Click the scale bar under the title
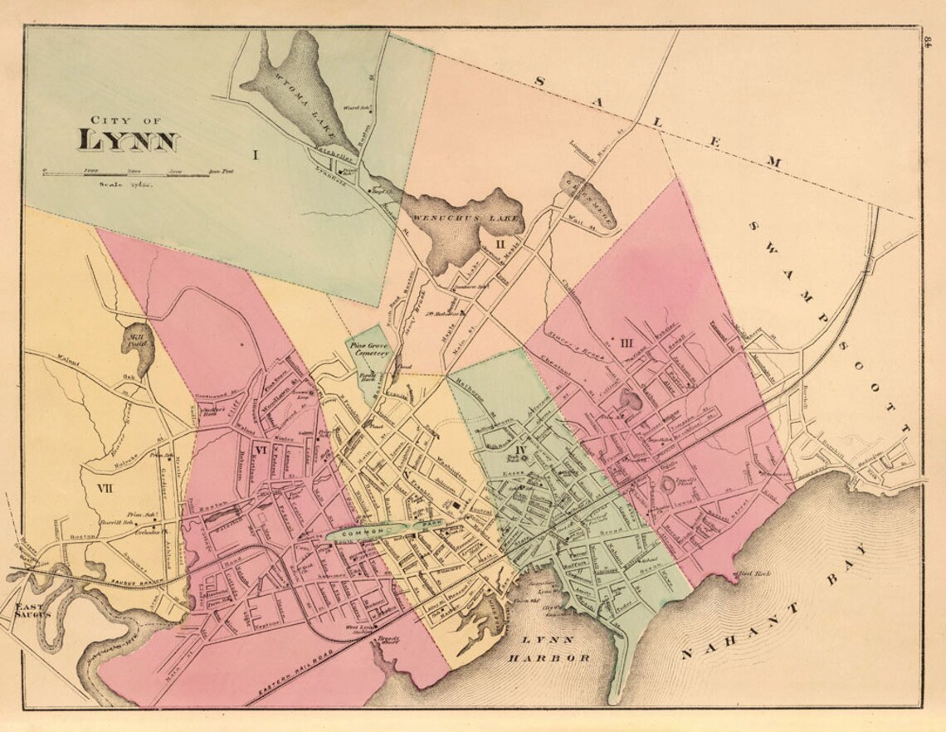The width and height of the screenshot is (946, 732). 124,173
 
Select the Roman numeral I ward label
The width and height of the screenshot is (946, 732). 256,154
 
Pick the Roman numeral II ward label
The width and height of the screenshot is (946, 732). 500,244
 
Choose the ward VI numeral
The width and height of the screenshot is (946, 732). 259,451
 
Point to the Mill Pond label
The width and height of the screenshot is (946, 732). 133,342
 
